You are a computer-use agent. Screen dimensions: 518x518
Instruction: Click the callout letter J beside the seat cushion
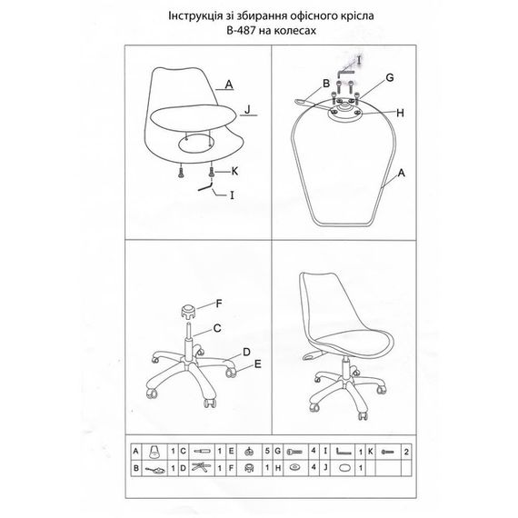(247, 109)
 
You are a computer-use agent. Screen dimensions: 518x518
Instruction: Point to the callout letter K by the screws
(234, 171)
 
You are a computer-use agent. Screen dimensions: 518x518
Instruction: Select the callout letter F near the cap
(219, 304)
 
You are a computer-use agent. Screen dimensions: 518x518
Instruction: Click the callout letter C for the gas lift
(217, 328)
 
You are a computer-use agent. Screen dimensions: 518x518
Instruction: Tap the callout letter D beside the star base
(246, 353)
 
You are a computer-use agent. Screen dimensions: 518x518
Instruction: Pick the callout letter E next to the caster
(258, 364)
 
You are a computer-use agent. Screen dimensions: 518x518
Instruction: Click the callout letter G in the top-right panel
(390, 77)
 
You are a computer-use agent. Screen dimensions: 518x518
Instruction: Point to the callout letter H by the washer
(400, 113)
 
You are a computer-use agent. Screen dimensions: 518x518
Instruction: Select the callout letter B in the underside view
(326, 84)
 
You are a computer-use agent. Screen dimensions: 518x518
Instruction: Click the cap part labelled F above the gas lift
(188, 312)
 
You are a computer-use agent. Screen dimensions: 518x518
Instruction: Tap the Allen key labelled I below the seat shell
(205, 186)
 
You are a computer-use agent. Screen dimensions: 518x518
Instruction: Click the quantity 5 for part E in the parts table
(267, 452)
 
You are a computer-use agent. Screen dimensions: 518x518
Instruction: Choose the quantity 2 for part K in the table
(406, 452)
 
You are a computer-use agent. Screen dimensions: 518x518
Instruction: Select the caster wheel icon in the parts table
(249, 452)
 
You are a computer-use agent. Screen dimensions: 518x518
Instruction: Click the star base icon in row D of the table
(202, 467)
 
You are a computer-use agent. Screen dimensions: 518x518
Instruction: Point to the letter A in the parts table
(135, 451)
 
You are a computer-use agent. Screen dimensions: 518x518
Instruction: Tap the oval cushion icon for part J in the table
(346, 468)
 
